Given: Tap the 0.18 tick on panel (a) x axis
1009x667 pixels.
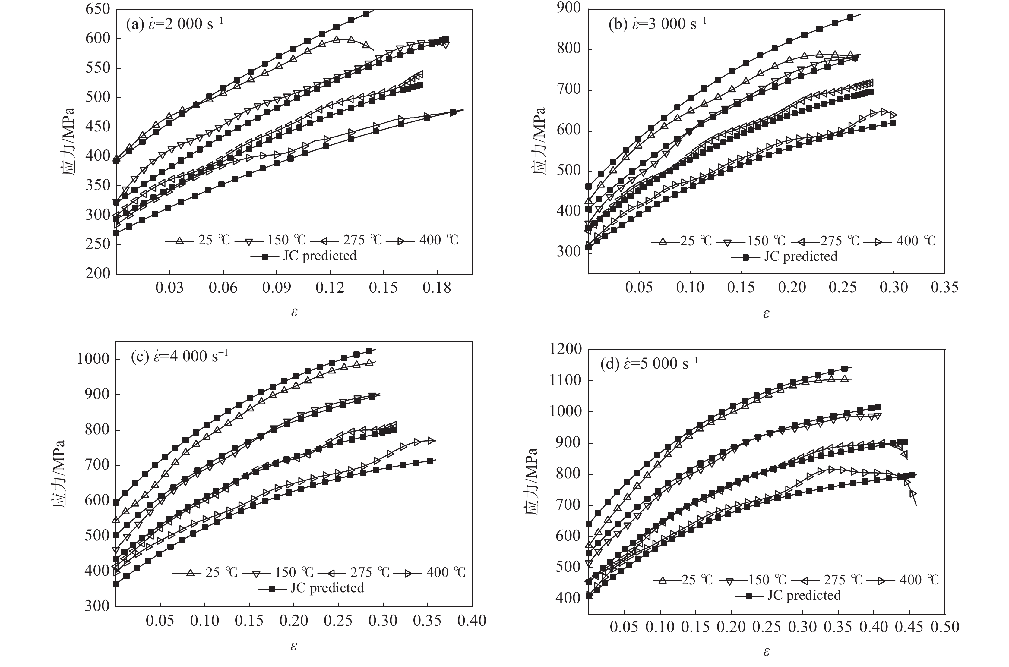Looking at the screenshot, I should point(437,288).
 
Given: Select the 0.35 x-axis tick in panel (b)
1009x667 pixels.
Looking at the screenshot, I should point(944,287).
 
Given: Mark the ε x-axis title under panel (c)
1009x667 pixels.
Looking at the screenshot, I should point(294,646).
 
